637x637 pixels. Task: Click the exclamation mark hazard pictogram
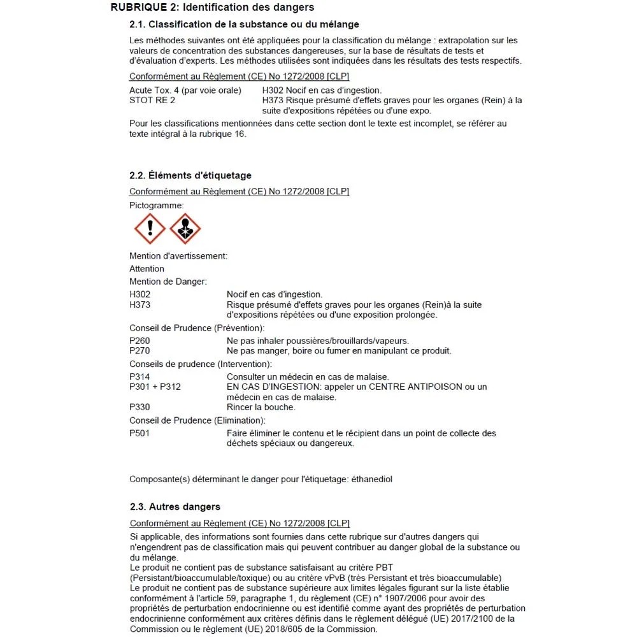point(150,229)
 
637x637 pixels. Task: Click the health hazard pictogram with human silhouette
point(185,229)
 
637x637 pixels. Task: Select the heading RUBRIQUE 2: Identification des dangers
point(212,8)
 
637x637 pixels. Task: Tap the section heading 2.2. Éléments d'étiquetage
point(190,175)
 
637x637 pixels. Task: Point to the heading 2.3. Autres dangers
point(175,507)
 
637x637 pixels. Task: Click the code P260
point(140,341)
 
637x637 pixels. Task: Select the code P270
point(140,351)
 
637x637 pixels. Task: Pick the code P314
point(140,377)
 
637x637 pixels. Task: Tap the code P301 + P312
point(155,387)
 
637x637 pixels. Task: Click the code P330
point(140,407)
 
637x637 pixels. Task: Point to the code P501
point(140,433)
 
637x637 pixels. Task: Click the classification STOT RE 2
point(152,100)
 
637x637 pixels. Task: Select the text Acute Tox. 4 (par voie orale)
point(185,90)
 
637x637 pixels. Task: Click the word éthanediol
point(371,479)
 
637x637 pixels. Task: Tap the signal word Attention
point(147,269)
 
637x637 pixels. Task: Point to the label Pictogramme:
point(157,205)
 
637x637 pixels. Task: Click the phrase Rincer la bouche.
point(261,407)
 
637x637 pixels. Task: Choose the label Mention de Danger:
point(168,282)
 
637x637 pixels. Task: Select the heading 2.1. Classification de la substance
point(244,25)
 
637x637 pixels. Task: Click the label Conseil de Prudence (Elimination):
point(197,420)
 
